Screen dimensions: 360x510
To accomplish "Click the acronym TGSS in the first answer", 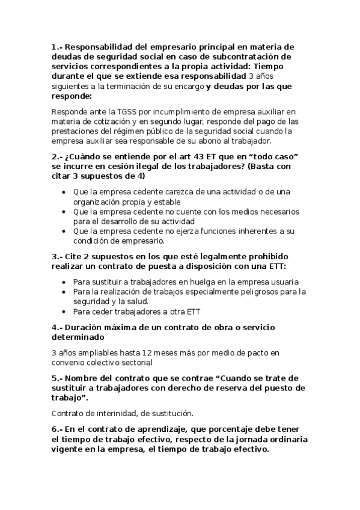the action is [116, 111].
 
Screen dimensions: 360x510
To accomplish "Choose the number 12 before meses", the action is [155, 353].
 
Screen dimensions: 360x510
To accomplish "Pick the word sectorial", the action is [135, 363].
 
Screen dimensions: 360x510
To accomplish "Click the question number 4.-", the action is [57, 328].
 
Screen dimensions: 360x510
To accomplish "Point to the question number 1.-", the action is [57, 46].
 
